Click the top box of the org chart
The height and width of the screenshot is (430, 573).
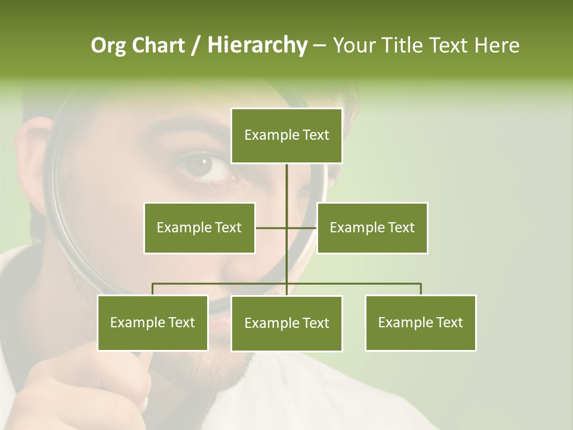click(286, 136)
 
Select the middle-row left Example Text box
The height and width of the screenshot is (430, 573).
click(199, 228)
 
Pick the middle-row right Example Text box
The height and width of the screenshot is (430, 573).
click(372, 228)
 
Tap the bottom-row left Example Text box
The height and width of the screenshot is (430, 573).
click(153, 322)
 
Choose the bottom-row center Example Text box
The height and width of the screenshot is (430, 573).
click(286, 323)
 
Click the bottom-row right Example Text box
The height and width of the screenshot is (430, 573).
click(420, 322)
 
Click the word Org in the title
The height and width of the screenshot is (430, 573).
click(108, 45)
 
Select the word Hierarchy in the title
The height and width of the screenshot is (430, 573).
click(257, 45)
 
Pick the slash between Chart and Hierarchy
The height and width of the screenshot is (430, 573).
click(196, 45)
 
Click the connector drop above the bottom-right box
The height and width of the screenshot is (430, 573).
click(420, 289)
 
